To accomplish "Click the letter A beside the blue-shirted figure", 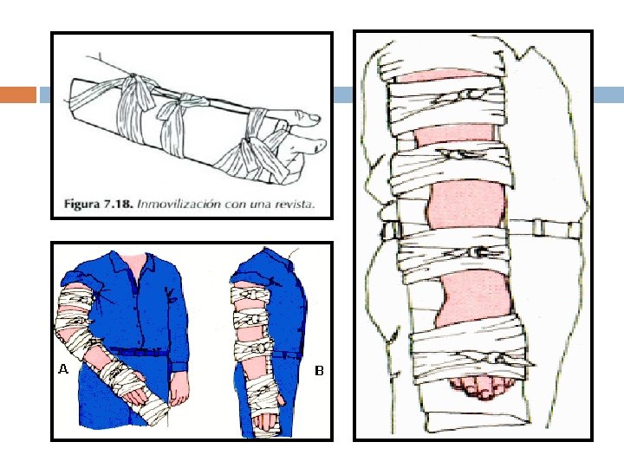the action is tap(63, 369).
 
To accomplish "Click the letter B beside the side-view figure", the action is tap(319, 371).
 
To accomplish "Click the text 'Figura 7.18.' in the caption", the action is tap(98, 205).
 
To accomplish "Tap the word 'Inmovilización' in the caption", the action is tap(179, 205).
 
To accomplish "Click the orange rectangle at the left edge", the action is tap(18, 94).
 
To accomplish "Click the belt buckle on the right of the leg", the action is tap(538, 228).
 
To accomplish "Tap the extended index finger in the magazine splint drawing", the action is tap(302, 118).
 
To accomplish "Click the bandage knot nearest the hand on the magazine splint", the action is tap(250, 140).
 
